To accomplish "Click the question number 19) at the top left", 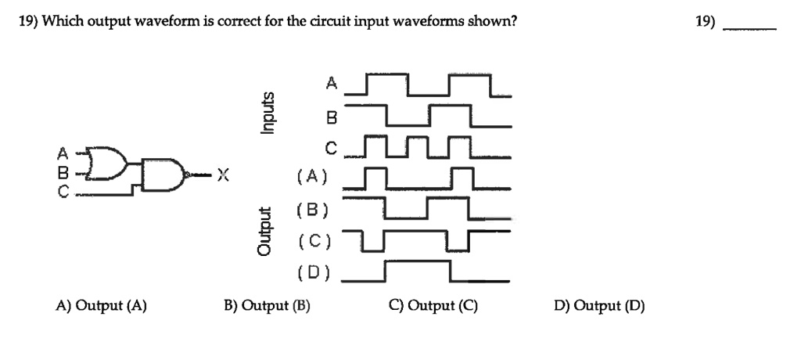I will coord(28,21).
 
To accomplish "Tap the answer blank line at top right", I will coord(750,27).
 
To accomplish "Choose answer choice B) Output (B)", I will coord(267,306).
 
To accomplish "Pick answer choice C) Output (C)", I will coord(433,306).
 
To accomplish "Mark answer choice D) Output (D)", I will coord(598,306).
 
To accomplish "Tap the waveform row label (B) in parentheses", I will coord(313,209).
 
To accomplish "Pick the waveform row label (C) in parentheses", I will coord(313,242).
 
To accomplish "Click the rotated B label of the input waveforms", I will coord(331,119).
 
